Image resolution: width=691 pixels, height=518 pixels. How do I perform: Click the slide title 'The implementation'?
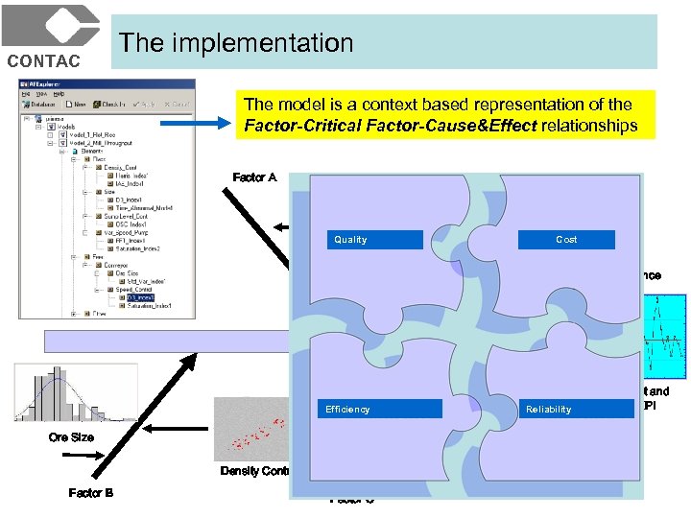[x=236, y=43]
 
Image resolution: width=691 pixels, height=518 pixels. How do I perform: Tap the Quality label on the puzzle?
[x=350, y=240]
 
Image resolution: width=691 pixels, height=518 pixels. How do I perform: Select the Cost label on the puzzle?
[x=566, y=240]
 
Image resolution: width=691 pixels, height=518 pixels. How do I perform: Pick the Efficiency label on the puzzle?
[x=347, y=410]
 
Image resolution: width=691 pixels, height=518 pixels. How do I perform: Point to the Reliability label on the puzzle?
[x=548, y=410]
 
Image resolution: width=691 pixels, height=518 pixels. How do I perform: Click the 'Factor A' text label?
[x=254, y=177]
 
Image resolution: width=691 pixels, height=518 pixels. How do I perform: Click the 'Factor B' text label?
[x=91, y=493]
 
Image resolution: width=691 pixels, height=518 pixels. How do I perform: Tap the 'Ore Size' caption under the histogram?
[x=72, y=437]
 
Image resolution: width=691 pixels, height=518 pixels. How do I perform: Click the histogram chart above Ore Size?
[x=67, y=393]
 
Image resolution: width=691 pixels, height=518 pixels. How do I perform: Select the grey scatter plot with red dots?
[x=251, y=427]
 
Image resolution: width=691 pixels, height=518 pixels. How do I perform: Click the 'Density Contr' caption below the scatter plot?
[x=254, y=471]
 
